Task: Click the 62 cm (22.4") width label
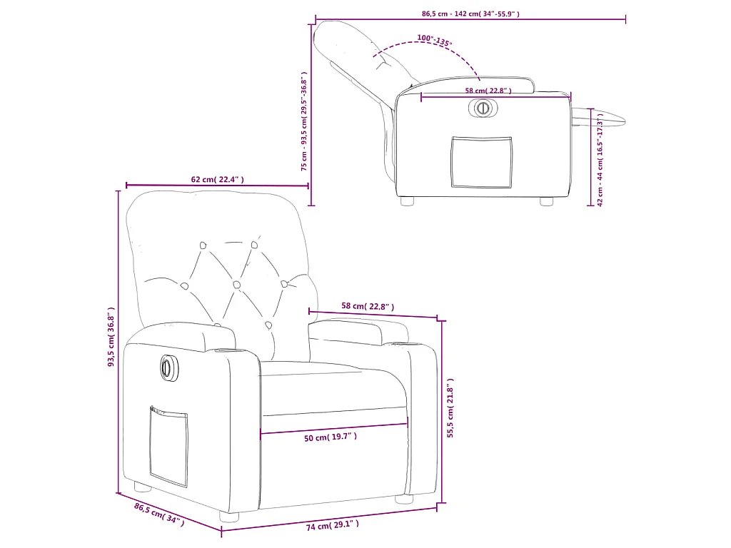click(x=218, y=180)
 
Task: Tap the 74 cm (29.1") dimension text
click(x=332, y=526)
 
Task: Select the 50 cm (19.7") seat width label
click(x=331, y=437)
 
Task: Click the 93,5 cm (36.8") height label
click(x=111, y=337)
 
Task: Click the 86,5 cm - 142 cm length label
click(x=470, y=14)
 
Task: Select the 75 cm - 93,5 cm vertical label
click(x=304, y=121)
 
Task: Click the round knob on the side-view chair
click(x=483, y=108)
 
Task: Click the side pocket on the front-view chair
click(x=168, y=446)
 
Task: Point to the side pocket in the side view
click(x=482, y=162)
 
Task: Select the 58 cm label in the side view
click(x=488, y=91)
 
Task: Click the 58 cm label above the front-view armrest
click(x=368, y=307)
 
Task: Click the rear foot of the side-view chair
click(x=408, y=201)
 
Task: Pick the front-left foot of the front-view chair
click(x=143, y=488)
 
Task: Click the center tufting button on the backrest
click(x=235, y=284)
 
